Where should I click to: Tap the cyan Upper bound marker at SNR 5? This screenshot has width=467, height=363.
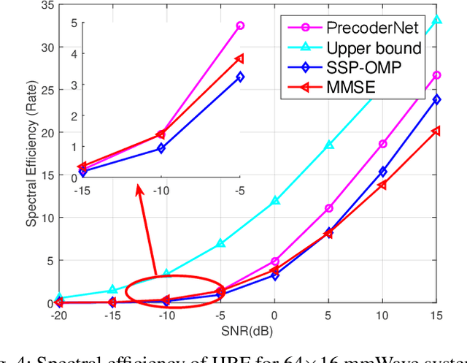point(329,145)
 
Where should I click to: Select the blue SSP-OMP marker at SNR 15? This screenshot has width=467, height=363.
point(436,99)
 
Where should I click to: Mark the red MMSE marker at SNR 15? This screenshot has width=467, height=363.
point(436,131)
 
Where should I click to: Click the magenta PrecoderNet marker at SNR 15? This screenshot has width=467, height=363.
point(436,75)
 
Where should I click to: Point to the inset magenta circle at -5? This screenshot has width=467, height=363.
point(240,26)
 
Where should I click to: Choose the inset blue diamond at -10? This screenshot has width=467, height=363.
point(161,148)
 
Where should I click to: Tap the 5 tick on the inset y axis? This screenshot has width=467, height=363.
point(72,23)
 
